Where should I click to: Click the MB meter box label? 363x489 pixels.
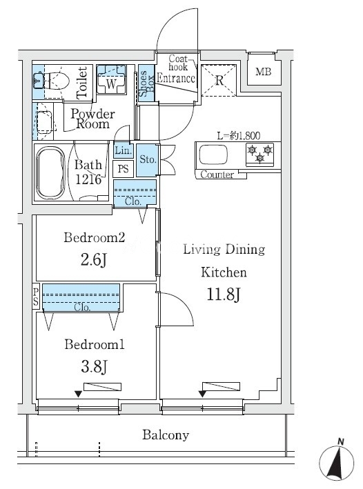click(x=264, y=72)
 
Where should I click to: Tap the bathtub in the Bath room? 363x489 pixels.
click(x=50, y=172)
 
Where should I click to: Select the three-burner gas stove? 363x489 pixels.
click(x=259, y=154)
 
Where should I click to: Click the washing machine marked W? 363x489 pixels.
click(x=111, y=79)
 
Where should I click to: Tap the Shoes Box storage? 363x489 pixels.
click(x=146, y=83)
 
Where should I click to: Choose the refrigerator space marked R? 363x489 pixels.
click(x=219, y=80)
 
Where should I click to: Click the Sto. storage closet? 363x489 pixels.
click(x=148, y=160)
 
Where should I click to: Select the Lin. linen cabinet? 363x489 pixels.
click(x=124, y=150)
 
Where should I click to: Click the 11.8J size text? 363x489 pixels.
click(x=224, y=295)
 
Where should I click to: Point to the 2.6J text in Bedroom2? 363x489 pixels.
click(x=94, y=259)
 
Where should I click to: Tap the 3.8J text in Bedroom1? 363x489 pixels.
click(x=95, y=366)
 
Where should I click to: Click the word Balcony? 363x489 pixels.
click(x=166, y=435)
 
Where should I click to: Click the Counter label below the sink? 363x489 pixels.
click(x=217, y=174)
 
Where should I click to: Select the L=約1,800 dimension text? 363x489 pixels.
click(x=239, y=136)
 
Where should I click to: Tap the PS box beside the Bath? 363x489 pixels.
click(x=124, y=169)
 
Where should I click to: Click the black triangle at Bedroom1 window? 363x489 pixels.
click(x=79, y=395)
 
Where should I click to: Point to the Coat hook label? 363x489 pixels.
click(x=178, y=63)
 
